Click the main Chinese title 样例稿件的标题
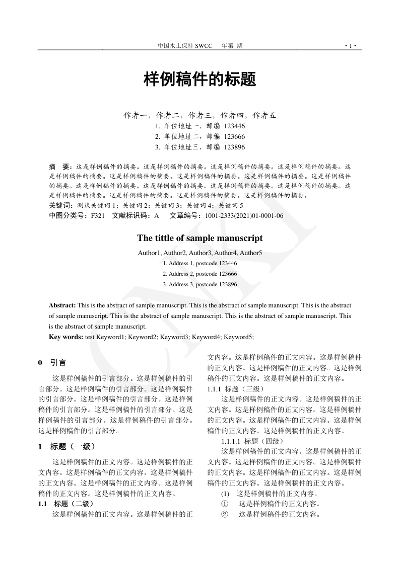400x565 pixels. coord(200,79)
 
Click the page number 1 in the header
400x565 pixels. coord(351,46)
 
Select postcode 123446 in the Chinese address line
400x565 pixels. coord(234,126)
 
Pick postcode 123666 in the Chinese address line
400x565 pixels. coord(234,136)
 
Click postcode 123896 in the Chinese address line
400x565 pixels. coord(234,147)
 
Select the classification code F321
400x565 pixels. coord(97,216)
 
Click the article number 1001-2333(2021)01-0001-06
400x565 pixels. coord(244,216)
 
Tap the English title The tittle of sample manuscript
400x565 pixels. coord(200,238)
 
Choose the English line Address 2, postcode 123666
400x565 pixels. coord(200,274)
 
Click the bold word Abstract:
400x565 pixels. coord(62,305)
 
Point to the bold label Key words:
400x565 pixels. coord(66,337)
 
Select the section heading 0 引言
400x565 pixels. coord(52,363)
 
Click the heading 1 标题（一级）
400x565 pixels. coord(66,446)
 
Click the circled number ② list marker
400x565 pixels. coord(225,514)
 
